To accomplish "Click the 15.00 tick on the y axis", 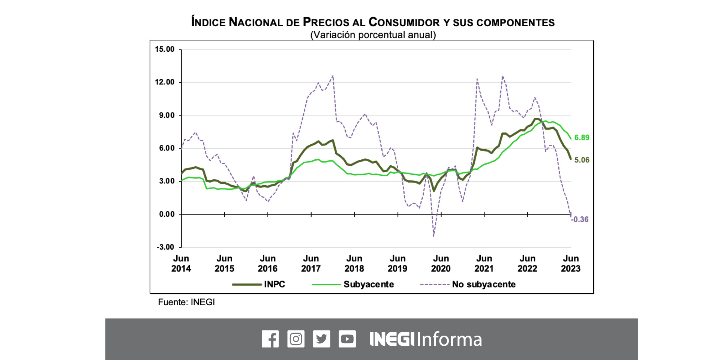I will click(x=165, y=49).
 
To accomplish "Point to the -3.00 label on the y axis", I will click(x=165, y=247).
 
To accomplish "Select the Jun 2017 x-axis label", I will click(x=311, y=264).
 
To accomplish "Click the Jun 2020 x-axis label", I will click(x=441, y=264).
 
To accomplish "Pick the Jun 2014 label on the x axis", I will click(x=181, y=264).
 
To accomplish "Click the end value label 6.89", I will click(x=582, y=138).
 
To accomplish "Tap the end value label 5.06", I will click(x=582, y=160).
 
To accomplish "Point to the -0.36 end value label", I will click(x=580, y=219).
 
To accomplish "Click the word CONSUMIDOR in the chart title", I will click(x=404, y=22).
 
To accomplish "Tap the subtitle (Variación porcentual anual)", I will click(x=373, y=35).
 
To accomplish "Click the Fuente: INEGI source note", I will click(x=186, y=302).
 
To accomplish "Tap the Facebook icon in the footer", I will click(x=270, y=339).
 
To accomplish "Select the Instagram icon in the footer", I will click(x=296, y=339).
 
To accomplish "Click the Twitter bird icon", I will click(x=321, y=339).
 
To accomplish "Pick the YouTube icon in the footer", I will click(x=347, y=339).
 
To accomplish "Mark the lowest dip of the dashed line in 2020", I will click(x=434, y=235).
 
